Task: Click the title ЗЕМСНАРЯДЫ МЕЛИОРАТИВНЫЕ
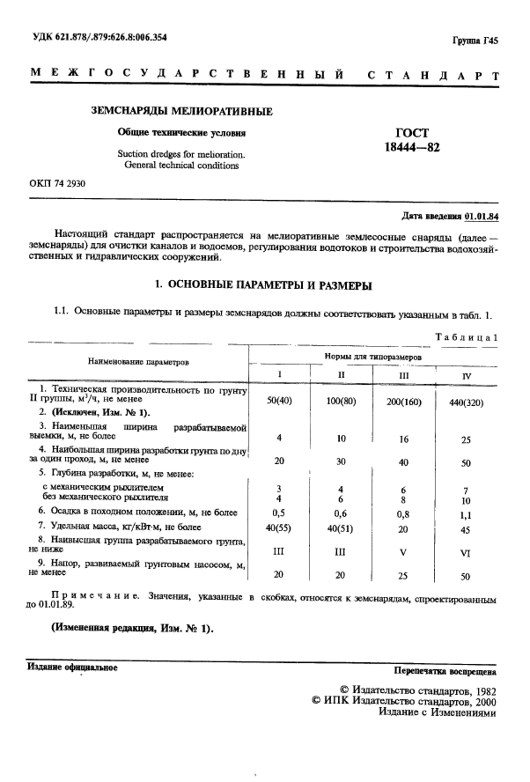click(x=183, y=112)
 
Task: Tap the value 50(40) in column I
click(x=279, y=402)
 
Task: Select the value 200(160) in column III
click(x=405, y=402)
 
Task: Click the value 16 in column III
click(x=405, y=439)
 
